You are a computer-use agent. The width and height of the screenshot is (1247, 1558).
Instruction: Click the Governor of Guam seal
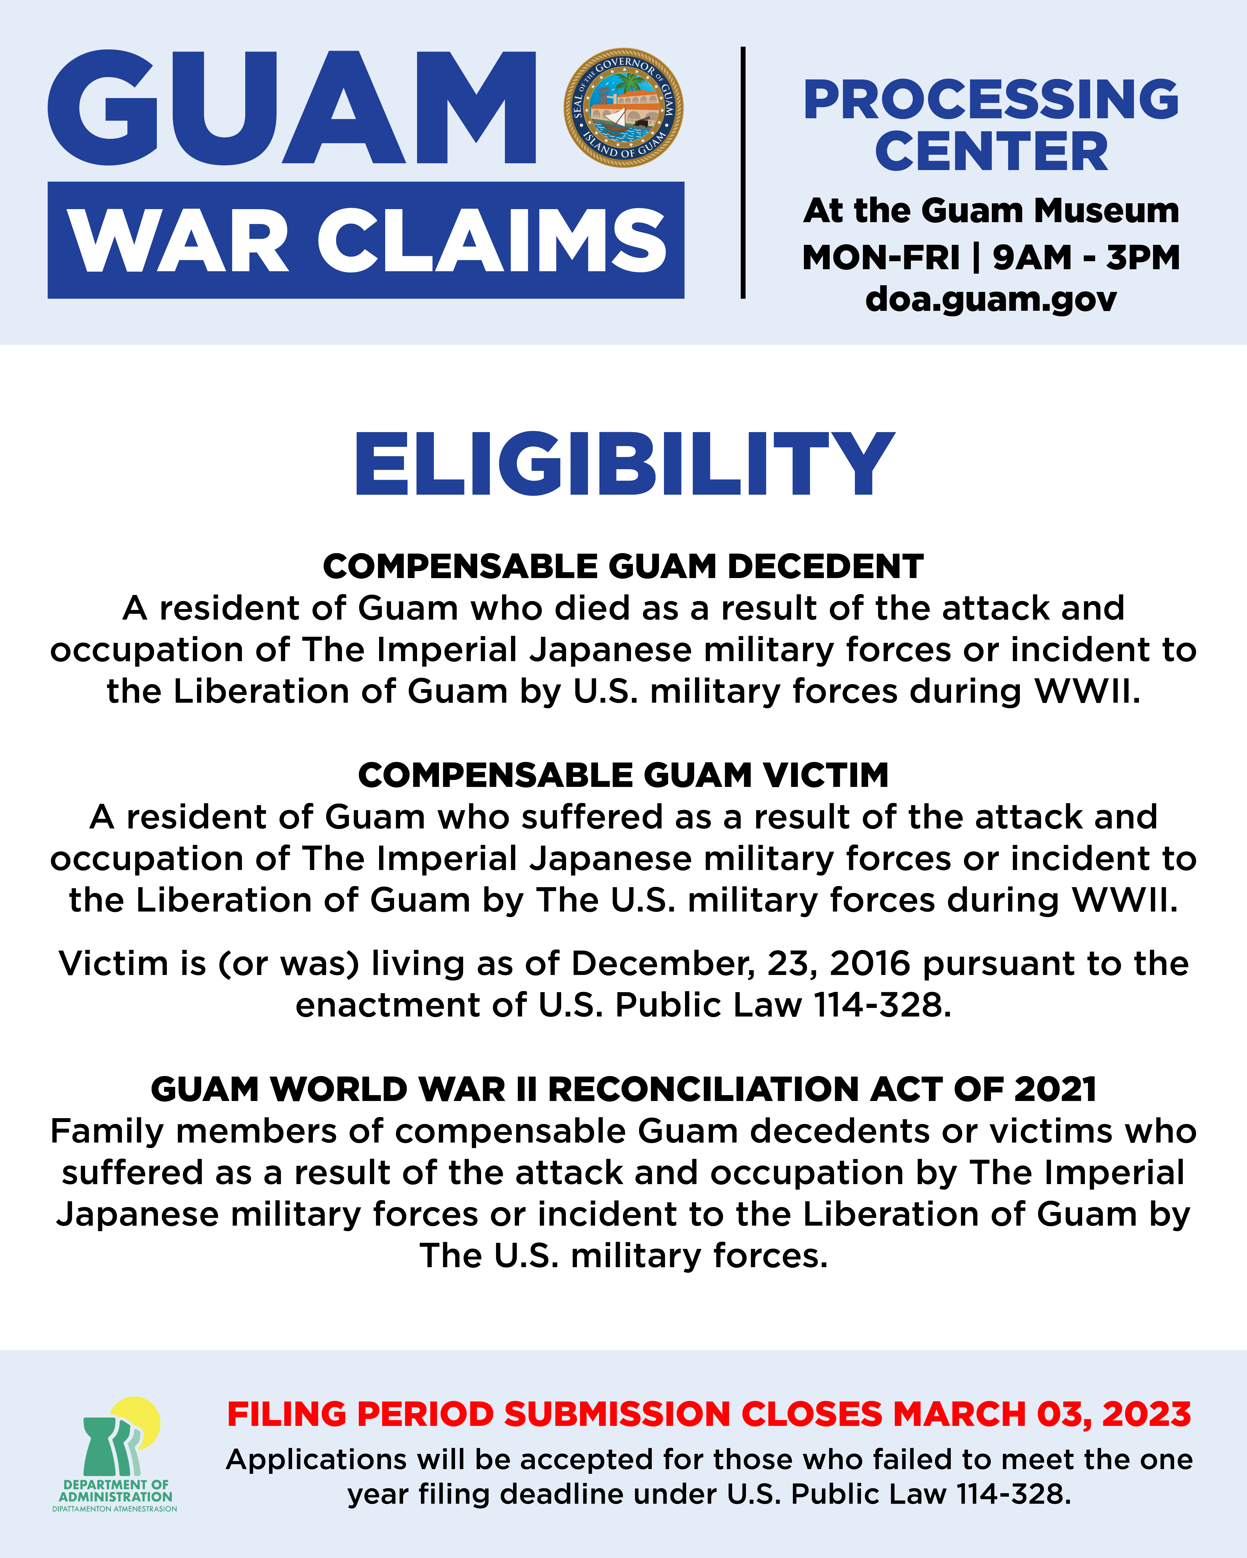point(623,108)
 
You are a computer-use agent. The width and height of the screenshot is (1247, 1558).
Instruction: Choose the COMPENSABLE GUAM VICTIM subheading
point(623,775)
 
